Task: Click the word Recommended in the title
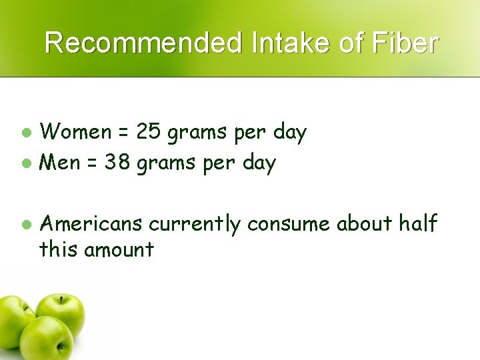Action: pyautogui.click(x=141, y=43)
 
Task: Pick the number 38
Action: pyautogui.click(x=117, y=162)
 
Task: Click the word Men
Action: pyautogui.click(x=61, y=162)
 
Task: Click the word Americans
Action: pyautogui.click(x=91, y=225)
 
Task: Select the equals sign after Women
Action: pyautogui.click(x=123, y=133)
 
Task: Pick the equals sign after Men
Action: pyautogui.click(x=93, y=163)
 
